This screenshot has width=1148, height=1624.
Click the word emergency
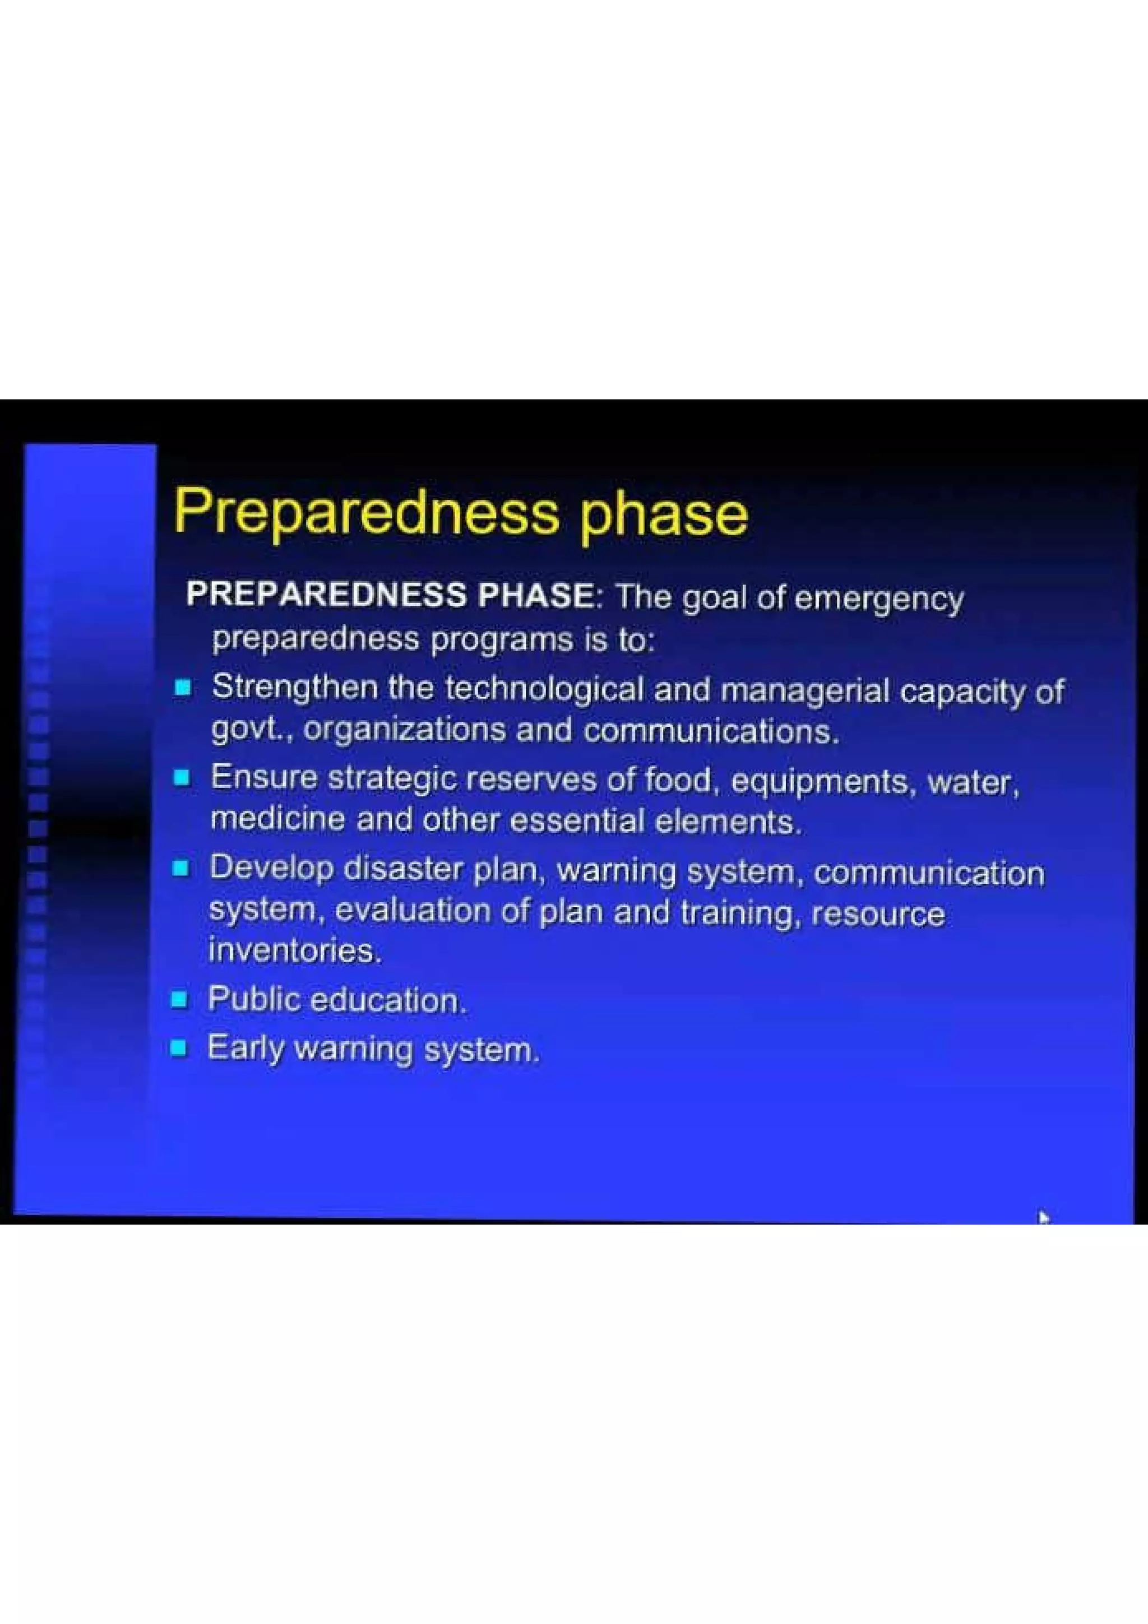click(878, 600)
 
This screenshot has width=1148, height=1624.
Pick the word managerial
click(804, 691)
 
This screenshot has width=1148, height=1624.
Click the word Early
click(245, 1047)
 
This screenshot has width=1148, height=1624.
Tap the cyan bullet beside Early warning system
click(179, 1047)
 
